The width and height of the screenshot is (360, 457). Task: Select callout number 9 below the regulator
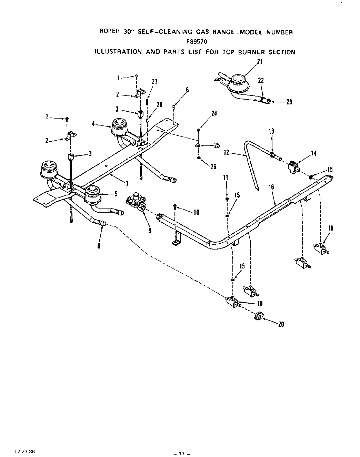150,231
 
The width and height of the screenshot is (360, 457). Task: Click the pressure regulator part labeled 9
136,203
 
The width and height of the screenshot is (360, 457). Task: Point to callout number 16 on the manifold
271,187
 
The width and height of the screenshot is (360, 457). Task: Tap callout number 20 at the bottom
281,324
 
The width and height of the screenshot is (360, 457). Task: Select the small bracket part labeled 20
259,316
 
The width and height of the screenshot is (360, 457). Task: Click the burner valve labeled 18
321,248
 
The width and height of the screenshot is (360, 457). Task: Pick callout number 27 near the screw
154,82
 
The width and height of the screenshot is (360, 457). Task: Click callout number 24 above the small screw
214,113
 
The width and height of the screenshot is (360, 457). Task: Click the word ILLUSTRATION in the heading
118,52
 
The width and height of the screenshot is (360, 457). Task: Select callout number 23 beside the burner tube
289,102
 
